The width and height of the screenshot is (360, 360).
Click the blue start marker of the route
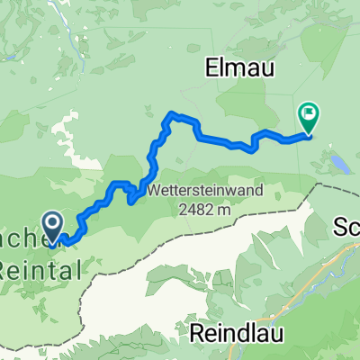tap(51, 225)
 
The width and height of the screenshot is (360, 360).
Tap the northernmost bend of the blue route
tap(174, 114)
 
